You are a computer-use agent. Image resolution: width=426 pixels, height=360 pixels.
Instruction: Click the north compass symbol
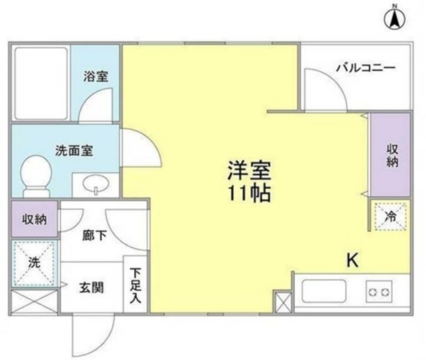pyautogui.click(x=395, y=20)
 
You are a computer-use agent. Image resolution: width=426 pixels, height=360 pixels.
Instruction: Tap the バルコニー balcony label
pyautogui.click(x=366, y=68)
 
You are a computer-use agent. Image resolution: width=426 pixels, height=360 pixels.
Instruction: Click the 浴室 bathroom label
pyautogui.click(x=96, y=76)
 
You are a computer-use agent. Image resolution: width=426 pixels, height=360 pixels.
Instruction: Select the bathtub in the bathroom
pyautogui.click(x=41, y=84)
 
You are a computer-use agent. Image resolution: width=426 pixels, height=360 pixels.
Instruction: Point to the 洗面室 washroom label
pyautogui.click(x=74, y=151)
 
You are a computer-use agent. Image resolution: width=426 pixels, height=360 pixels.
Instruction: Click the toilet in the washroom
pyautogui.click(x=36, y=176)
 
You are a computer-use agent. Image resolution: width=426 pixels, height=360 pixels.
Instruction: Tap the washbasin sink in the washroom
pyautogui.click(x=96, y=184)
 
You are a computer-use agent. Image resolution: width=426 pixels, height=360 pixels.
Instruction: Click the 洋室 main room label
pyautogui.click(x=249, y=171)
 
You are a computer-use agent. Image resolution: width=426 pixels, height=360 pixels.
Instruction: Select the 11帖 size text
pyautogui.click(x=249, y=193)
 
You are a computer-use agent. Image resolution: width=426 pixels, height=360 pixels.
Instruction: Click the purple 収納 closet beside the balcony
pyautogui.click(x=391, y=154)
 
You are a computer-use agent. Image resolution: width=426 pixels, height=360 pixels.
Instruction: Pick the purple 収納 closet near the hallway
pyautogui.click(x=35, y=219)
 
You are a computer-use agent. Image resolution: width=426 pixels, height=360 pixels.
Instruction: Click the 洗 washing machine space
pyautogui.click(x=34, y=263)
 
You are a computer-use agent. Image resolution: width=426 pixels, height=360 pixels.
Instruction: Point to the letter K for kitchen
pyautogui.click(x=353, y=260)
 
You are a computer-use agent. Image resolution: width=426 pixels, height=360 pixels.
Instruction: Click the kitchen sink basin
pyautogui.click(x=324, y=291)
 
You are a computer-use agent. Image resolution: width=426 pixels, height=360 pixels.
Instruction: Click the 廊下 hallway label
pyautogui.click(x=94, y=235)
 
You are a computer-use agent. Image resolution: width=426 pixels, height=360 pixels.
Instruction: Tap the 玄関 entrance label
pyautogui.click(x=92, y=288)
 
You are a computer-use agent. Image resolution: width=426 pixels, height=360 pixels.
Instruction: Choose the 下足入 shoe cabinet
pyautogui.click(x=135, y=284)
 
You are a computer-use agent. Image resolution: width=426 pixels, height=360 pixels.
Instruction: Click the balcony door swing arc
pyautogui.click(x=334, y=81)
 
